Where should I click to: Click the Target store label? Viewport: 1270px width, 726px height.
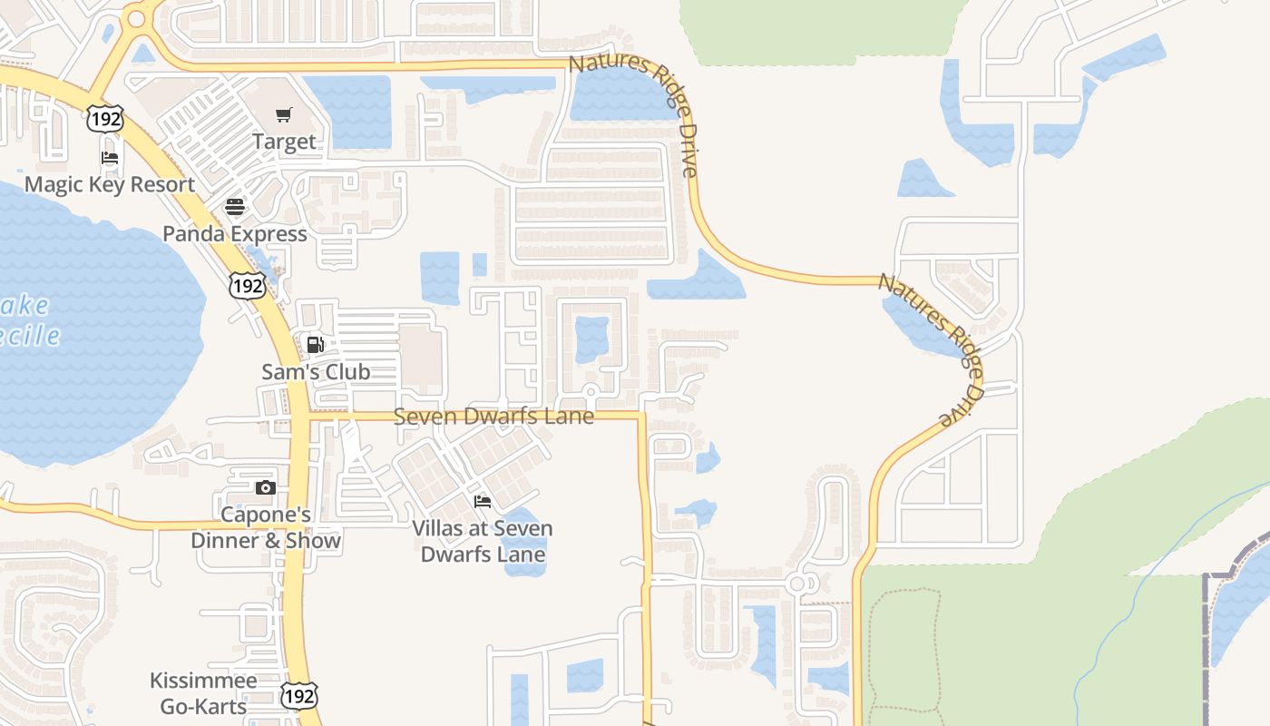pos(284,142)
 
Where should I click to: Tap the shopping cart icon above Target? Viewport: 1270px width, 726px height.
pos(284,114)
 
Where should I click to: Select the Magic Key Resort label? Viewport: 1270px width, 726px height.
pos(110,184)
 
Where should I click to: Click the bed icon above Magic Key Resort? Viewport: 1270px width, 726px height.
pos(110,158)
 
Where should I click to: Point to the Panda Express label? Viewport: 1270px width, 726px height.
pos(235,233)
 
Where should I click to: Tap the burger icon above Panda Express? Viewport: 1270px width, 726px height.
pos(235,207)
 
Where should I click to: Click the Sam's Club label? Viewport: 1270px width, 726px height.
pos(316,371)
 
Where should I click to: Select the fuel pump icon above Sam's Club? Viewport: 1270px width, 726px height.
pos(316,345)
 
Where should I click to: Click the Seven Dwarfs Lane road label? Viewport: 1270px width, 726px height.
pos(493,417)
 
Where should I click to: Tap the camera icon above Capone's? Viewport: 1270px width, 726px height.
pos(265,488)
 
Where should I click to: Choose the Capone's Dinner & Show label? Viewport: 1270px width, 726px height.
pos(266,527)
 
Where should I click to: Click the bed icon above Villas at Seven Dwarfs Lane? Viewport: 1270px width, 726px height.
pos(483,502)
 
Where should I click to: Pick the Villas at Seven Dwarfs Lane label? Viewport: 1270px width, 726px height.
pos(483,541)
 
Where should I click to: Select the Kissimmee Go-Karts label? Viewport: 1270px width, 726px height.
pos(203,692)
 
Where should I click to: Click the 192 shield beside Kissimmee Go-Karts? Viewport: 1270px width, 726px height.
pos(298,696)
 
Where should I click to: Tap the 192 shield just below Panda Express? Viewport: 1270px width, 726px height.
pos(248,286)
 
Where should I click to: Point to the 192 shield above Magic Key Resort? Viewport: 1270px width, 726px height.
pos(104,119)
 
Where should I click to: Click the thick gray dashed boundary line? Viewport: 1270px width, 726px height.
pos(1206,635)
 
